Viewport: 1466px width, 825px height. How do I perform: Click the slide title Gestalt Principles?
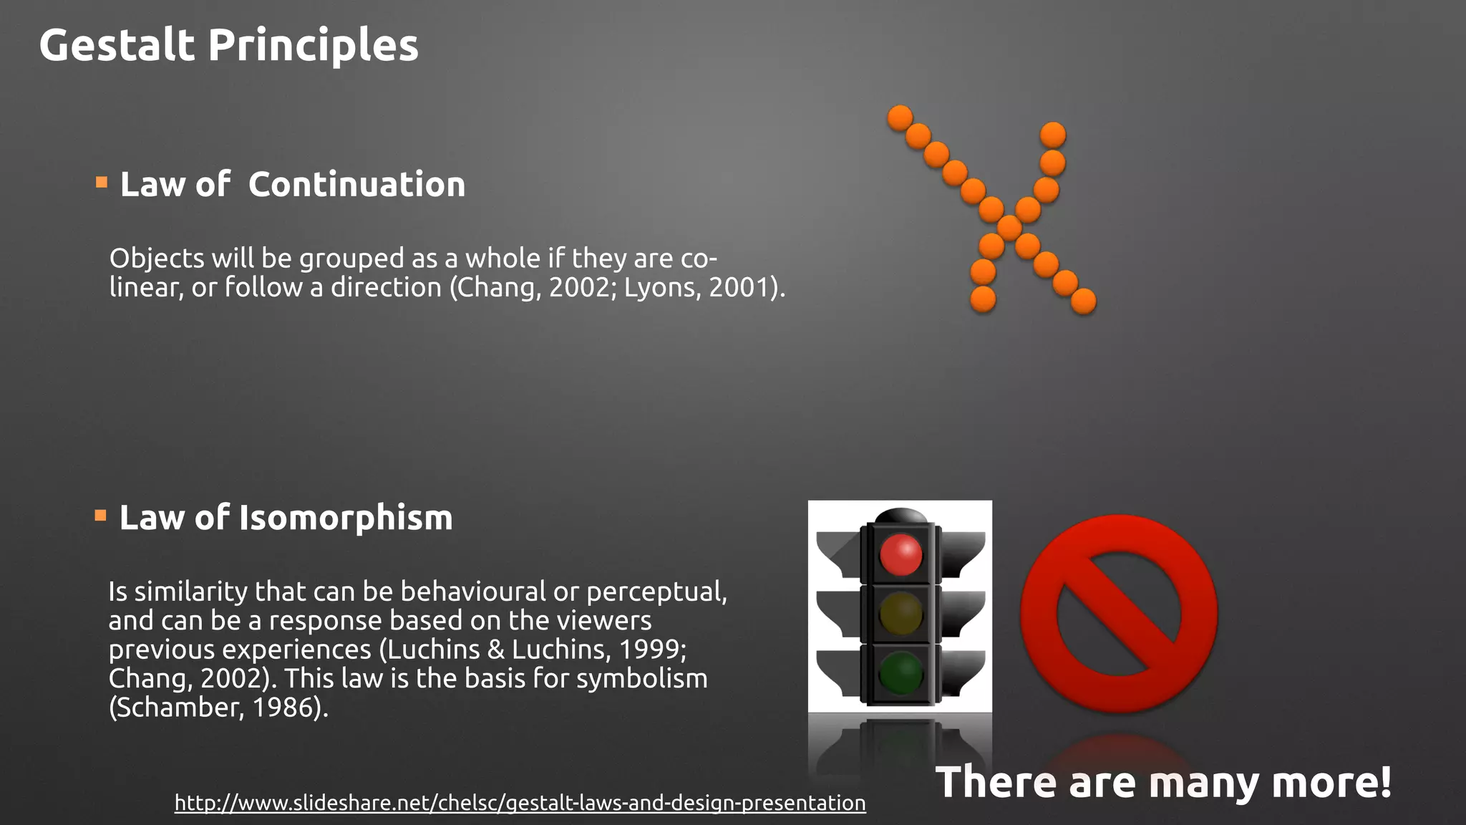pos(228,45)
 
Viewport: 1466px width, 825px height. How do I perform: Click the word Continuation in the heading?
pos(356,185)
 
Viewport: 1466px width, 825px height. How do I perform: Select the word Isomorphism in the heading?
pos(346,518)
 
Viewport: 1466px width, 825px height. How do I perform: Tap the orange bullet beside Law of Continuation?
pos(102,183)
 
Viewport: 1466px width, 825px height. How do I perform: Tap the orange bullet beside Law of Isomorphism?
pos(100,516)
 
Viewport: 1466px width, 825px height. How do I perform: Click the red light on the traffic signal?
pos(901,554)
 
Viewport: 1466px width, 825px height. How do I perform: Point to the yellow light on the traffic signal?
pos(901,614)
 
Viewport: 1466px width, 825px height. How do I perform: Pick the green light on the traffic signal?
pos(901,673)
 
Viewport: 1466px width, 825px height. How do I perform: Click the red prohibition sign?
pos(1118,614)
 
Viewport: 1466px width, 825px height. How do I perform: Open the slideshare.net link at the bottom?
pos(520,803)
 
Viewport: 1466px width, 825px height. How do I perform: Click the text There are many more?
pos(1163,781)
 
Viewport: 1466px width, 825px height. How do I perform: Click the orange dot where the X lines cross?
pos(1009,228)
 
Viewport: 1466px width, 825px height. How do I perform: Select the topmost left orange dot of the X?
pos(900,117)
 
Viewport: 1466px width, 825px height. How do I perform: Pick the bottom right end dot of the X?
pos(1083,301)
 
